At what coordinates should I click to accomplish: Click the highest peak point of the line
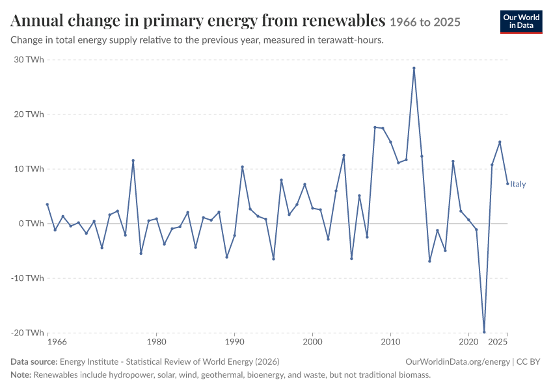414,68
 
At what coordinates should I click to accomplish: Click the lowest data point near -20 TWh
484,332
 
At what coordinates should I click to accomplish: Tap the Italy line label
518,184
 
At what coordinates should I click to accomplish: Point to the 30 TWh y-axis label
29,60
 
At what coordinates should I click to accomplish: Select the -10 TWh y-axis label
27,278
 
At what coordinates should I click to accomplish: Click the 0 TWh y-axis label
31,224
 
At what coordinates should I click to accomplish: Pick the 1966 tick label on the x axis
57,342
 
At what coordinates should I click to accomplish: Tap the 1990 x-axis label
234,342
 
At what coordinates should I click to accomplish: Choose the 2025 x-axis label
498,342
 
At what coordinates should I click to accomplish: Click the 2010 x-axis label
390,342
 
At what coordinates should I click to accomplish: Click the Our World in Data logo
521,22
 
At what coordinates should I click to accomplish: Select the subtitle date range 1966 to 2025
425,22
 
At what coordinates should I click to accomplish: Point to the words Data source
34,362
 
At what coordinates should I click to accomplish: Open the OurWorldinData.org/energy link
458,362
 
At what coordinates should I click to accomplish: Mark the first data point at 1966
47,204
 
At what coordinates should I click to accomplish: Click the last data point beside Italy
507,183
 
